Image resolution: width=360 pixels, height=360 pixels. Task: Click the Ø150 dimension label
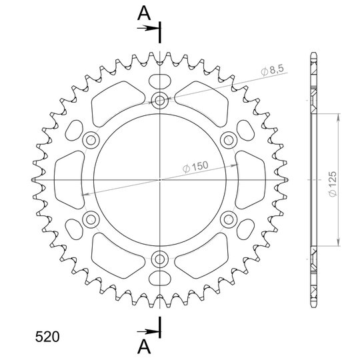195,167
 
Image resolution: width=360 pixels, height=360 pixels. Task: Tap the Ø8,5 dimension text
273,70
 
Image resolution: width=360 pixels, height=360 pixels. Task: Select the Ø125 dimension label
332,184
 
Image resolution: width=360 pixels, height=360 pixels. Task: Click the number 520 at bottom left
47,337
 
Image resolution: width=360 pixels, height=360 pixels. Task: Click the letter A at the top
144,13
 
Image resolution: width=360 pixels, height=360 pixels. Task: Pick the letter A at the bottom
144,347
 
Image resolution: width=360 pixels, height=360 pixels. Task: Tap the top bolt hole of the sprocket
160,100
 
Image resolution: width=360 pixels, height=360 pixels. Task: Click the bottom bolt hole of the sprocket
160,259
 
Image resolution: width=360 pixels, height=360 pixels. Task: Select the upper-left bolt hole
91,140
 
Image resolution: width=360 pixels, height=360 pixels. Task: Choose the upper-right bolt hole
229,140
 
